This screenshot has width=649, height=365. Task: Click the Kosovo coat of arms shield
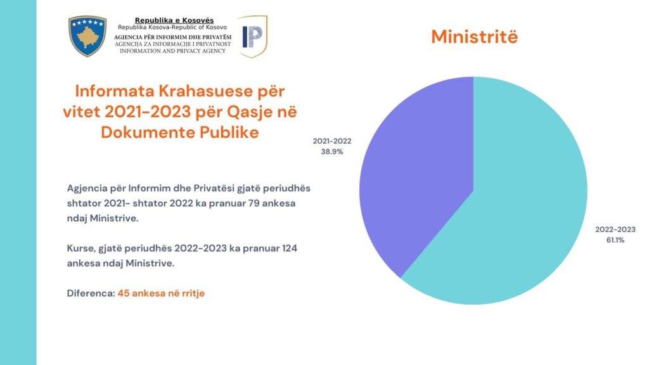point(87,36)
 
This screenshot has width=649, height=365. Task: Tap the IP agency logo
point(252,37)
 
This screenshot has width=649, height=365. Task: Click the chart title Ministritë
point(474,37)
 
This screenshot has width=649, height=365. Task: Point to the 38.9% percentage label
point(331,152)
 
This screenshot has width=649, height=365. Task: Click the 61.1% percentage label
point(615,240)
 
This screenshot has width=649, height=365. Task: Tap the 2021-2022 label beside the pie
point(331,141)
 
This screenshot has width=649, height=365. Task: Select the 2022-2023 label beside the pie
point(615,229)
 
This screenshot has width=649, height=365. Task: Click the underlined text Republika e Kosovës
point(174,21)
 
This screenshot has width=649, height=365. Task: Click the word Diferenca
point(90,293)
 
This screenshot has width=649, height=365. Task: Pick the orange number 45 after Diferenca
point(124,293)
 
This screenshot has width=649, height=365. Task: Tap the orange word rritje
point(193,294)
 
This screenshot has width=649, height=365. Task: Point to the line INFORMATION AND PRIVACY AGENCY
point(173,51)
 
